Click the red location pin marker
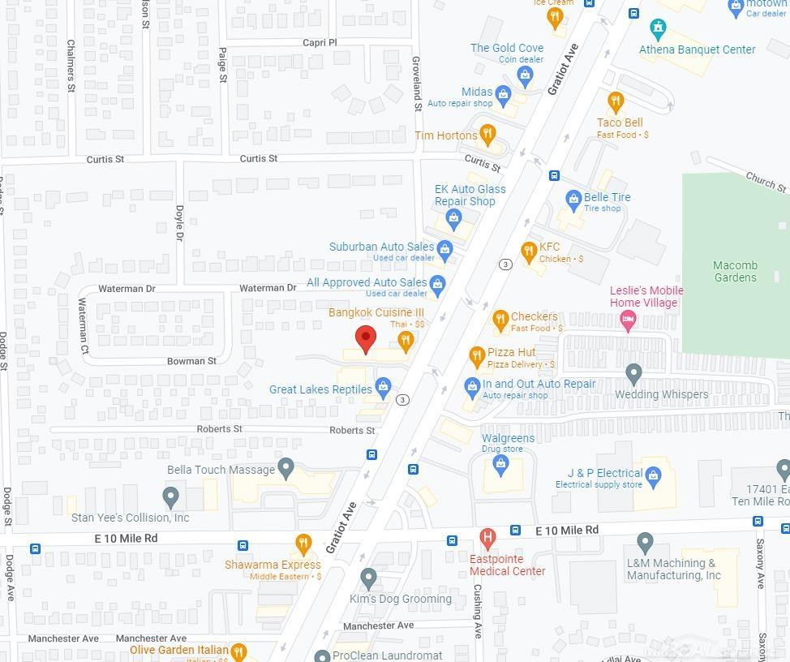click(x=366, y=339)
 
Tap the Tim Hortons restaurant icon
click(x=487, y=134)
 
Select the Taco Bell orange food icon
click(x=616, y=102)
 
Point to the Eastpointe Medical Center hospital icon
click(x=487, y=537)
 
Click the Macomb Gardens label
click(x=735, y=271)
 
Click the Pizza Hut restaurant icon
click(x=477, y=355)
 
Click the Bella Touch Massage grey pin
click(x=285, y=467)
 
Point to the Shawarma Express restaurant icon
click(x=303, y=544)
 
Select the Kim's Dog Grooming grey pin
click(x=368, y=578)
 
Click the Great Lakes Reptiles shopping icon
click(x=383, y=388)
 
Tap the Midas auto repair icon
click(x=503, y=95)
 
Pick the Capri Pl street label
click(x=320, y=42)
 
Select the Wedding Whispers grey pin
click(x=634, y=374)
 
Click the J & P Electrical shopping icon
click(x=654, y=475)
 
